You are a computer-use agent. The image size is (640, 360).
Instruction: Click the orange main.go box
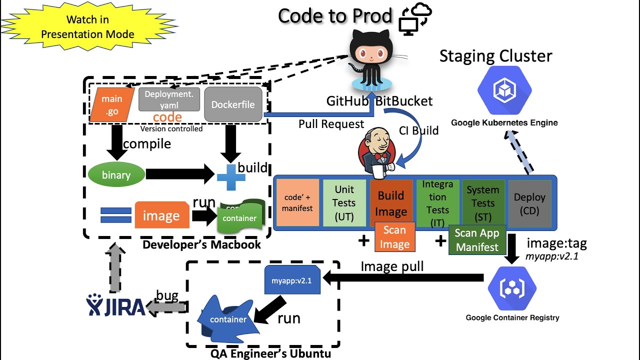[112, 105]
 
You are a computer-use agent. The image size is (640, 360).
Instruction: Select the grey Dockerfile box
[233, 104]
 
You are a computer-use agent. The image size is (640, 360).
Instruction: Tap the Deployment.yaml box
[169, 99]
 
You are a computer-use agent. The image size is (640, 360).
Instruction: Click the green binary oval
[116, 175]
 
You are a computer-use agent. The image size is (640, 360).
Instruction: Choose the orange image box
[161, 216]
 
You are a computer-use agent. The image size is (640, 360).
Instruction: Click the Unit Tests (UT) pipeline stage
[344, 203]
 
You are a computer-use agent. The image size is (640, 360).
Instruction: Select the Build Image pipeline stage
[391, 203]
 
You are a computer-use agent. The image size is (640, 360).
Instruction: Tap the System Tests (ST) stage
[483, 203]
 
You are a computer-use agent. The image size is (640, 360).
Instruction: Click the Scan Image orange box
[394, 237]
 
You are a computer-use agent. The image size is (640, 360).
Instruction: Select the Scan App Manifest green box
[477, 240]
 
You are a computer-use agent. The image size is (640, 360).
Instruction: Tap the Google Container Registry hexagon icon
[512, 289]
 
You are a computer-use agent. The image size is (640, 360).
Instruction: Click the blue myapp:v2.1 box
[292, 280]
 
